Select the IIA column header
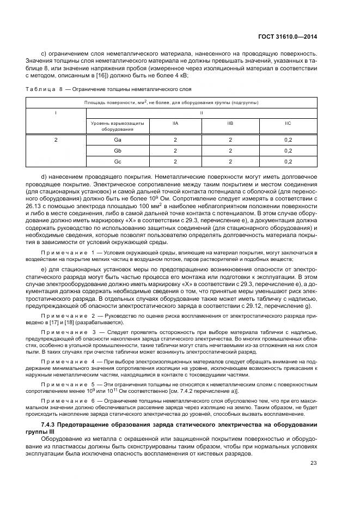click(175, 124)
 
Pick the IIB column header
click(230, 124)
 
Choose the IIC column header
click(288, 124)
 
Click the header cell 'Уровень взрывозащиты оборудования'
click(117, 126)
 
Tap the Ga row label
click(117, 140)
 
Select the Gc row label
click(117, 161)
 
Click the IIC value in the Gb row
click(288, 150)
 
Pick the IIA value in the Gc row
click(175, 161)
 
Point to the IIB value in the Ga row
click(230, 140)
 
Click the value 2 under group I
click(56, 140)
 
